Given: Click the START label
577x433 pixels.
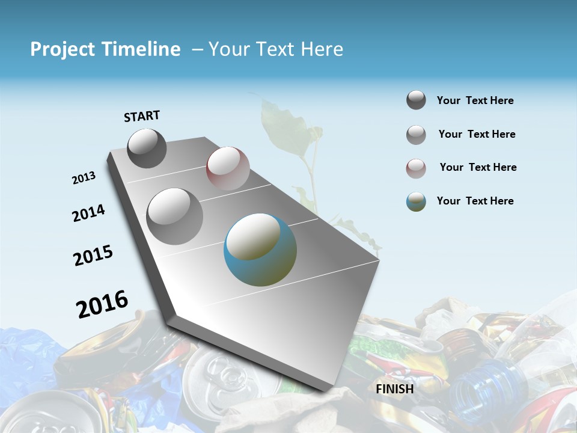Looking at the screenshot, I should click(x=142, y=116).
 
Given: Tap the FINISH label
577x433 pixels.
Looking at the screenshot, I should click(x=394, y=389).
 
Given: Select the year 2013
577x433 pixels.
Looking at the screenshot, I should click(x=84, y=178).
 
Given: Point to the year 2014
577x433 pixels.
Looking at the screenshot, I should click(x=88, y=213).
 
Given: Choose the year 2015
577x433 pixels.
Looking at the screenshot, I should click(x=93, y=256).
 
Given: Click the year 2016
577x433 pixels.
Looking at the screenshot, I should click(x=102, y=304).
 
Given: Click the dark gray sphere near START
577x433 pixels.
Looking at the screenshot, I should click(x=147, y=148).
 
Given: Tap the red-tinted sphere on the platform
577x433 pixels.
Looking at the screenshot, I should click(x=228, y=168).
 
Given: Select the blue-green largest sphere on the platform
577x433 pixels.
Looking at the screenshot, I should click(x=260, y=250).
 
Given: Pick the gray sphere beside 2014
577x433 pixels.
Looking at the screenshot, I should click(x=175, y=216).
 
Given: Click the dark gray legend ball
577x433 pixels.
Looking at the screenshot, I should click(x=416, y=100).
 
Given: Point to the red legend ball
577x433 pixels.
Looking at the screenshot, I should click(x=416, y=168).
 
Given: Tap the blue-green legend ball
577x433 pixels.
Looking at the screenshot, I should click(x=416, y=201).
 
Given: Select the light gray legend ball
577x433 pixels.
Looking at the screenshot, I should click(x=416, y=134).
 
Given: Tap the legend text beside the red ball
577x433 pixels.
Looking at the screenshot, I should click(x=478, y=167).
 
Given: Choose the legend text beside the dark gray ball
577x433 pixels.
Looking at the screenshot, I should click(x=475, y=100).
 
